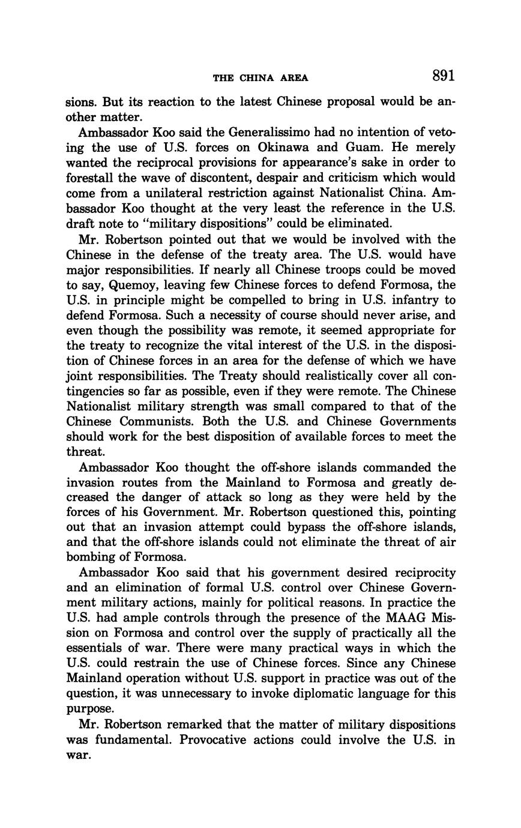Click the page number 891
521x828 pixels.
coord(443,76)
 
